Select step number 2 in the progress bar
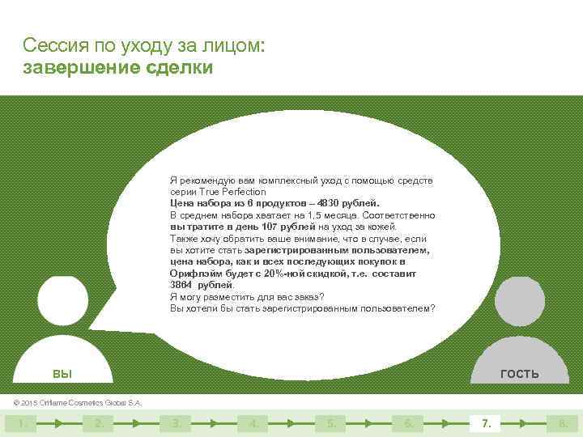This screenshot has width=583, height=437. (x=98, y=422)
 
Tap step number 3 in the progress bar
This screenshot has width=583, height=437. (x=176, y=422)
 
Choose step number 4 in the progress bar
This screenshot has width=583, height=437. (x=253, y=422)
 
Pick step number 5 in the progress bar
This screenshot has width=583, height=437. (x=330, y=422)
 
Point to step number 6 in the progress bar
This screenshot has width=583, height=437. (x=408, y=422)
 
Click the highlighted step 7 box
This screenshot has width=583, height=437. (x=486, y=422)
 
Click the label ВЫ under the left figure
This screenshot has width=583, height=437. (x=62, y=373)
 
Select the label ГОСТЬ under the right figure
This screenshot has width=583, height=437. (x=519, y=373)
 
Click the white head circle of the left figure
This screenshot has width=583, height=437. (x=62, y=301)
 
